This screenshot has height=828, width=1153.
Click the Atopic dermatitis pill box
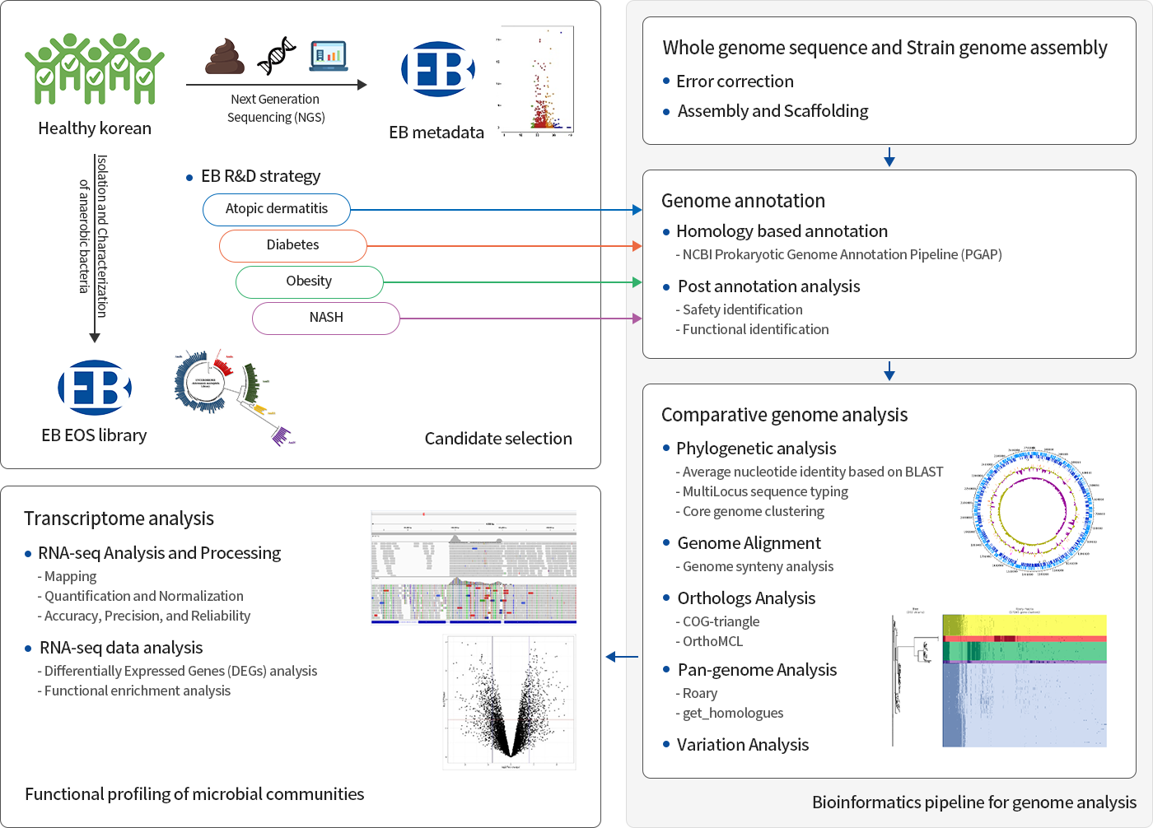click(277, 209)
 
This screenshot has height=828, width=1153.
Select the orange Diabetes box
click(292, 245)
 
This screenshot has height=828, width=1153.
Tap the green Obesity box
click(309, 281)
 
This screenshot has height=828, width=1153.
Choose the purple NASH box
click(326, 318)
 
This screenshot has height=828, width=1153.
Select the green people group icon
click(95, 69)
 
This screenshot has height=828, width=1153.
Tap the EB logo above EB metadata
click(437, 69)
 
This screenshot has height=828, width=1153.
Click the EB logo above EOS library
click(95, 388)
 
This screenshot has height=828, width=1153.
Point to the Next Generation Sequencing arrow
click(276, 85)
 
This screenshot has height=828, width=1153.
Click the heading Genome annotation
click(743, 201)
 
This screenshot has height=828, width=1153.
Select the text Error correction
click(735, 81)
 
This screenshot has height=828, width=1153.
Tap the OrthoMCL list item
click(712, 641)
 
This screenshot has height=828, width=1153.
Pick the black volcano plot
click(510, 701)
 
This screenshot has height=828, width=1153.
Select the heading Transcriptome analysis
click(119, 519)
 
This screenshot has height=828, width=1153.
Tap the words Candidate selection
click(498, 439)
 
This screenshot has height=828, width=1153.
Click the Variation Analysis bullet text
click(742, 745)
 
